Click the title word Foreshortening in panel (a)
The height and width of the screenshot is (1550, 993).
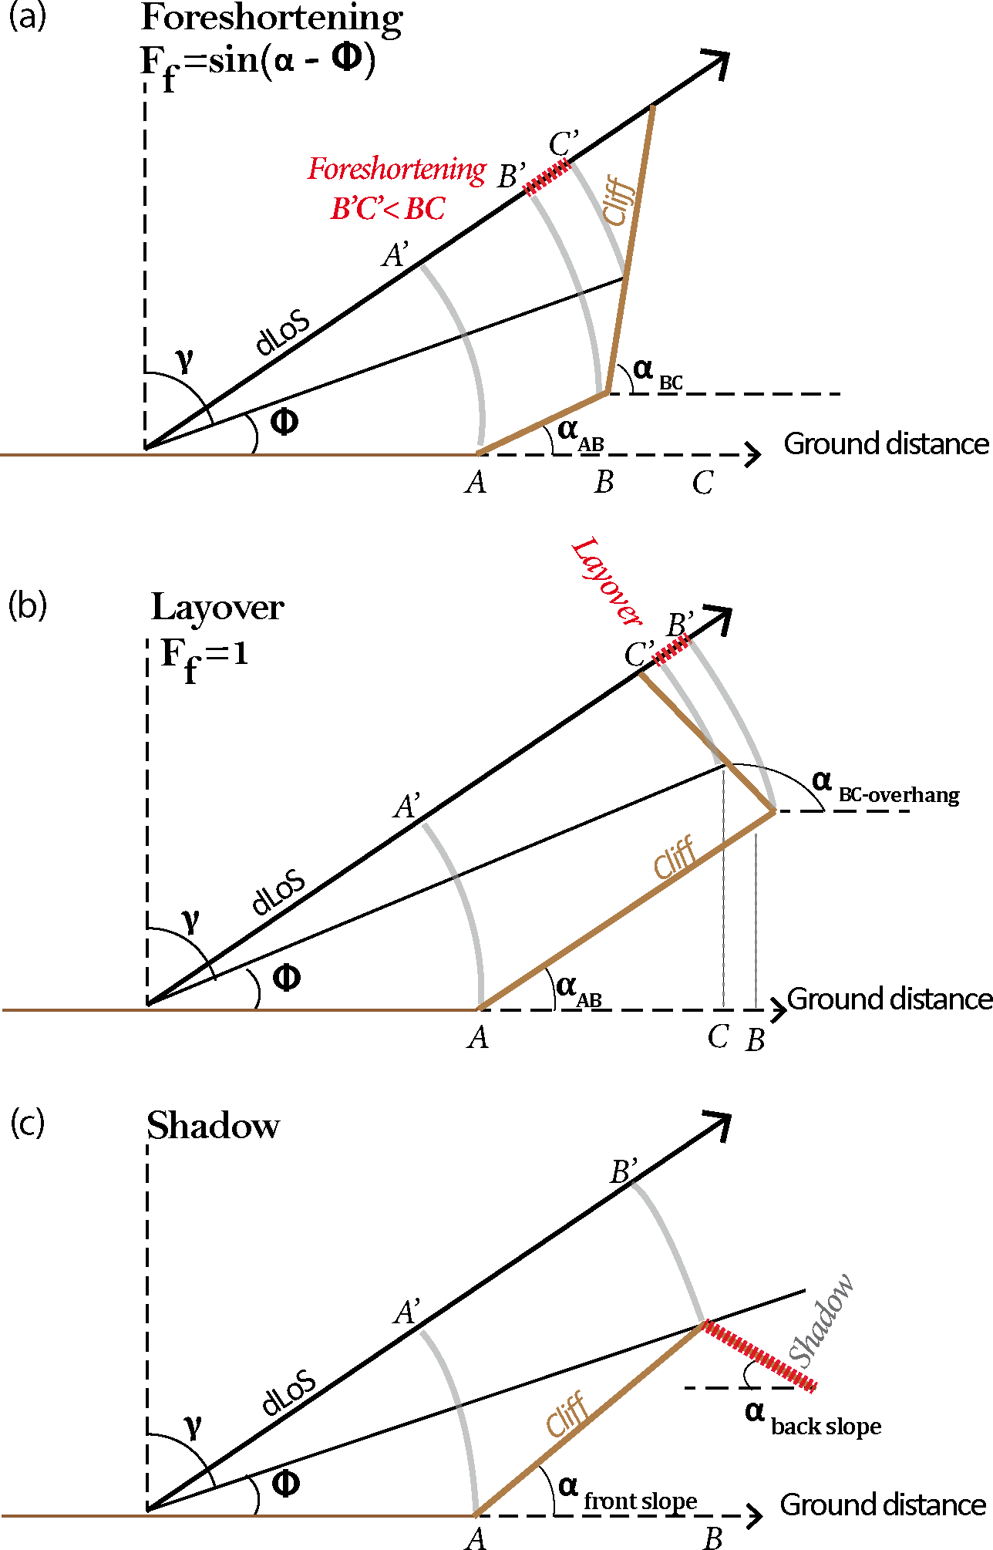click(x=271, y=19)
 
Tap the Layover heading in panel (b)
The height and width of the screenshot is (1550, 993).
click(x=217, y=608)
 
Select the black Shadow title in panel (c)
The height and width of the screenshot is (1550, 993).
click(x=213, y=1127)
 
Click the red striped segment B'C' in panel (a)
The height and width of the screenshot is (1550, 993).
click(x=548, y=177)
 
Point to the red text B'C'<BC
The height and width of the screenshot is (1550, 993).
click(x=388, y=209)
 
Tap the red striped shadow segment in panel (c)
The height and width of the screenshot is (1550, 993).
click(x=760, y=1356)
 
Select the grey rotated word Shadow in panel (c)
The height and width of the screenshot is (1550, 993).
click(x=822, y=1320)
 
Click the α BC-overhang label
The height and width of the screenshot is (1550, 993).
click(x=885, y=788)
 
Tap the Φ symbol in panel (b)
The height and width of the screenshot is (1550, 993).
click(x=286, y=978)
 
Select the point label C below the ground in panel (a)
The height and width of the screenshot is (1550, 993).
click(x=702, y=484)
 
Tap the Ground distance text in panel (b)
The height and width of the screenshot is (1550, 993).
click(x=889, y=999)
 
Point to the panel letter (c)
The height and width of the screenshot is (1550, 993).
click(x=27, y=1123)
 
